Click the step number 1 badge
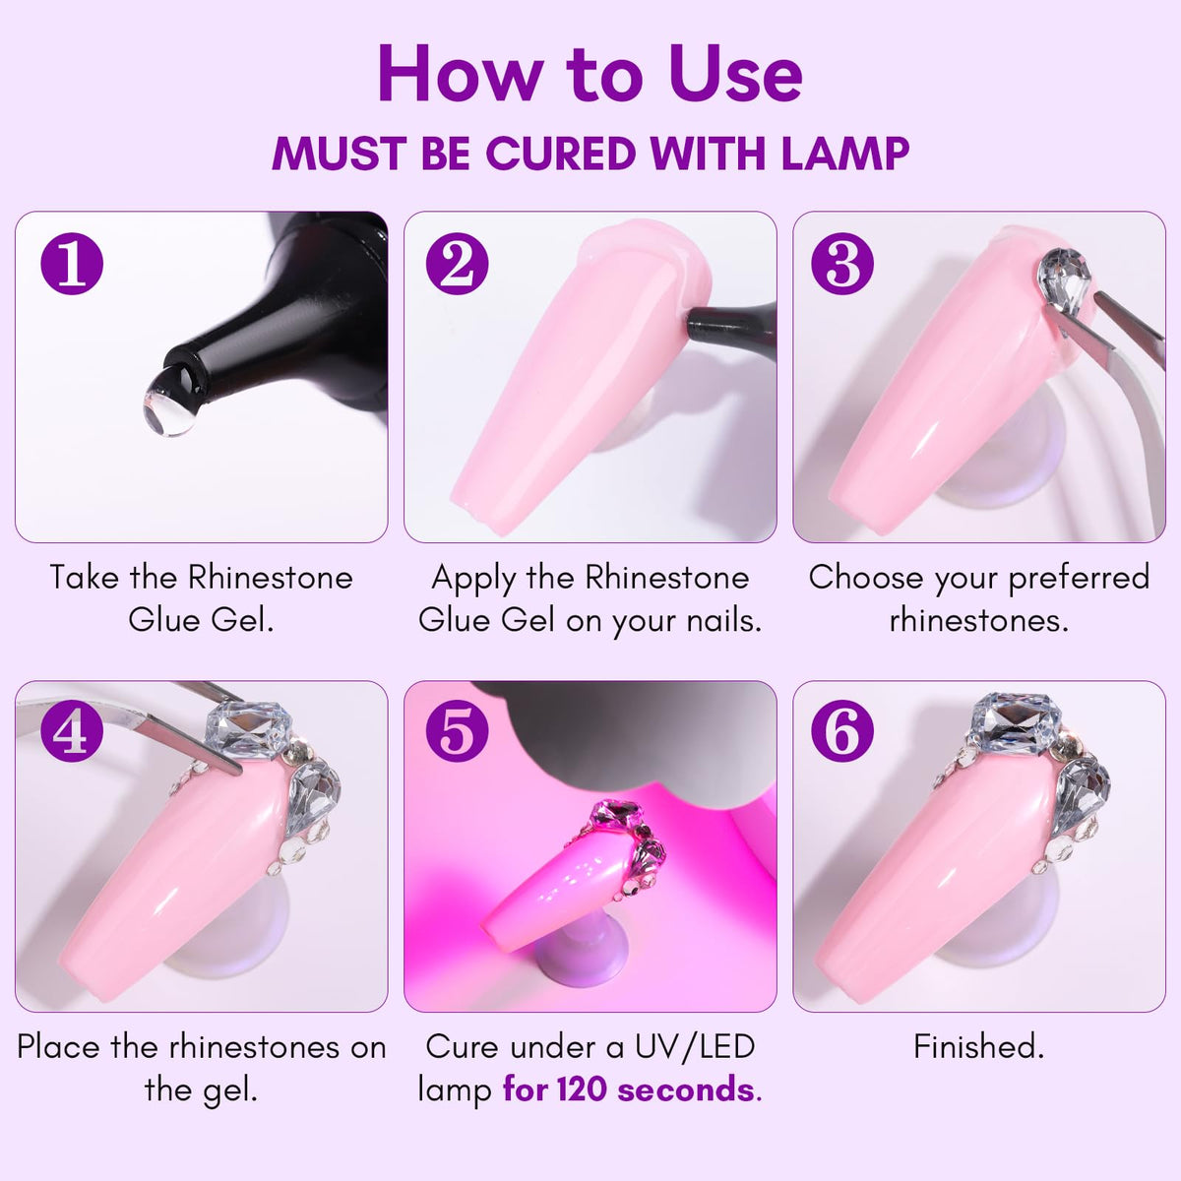[72, 264]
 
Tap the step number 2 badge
[458, 264]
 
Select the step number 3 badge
[842, 264]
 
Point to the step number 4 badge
[72, 731]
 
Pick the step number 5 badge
[458, 731]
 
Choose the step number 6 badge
[842, 731]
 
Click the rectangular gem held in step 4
[249, 730]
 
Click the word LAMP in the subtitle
[845, 154]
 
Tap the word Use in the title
[735, 75]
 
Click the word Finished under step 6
[978, 1047]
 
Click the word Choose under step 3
[865, 578]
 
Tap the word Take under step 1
[85, 578]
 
